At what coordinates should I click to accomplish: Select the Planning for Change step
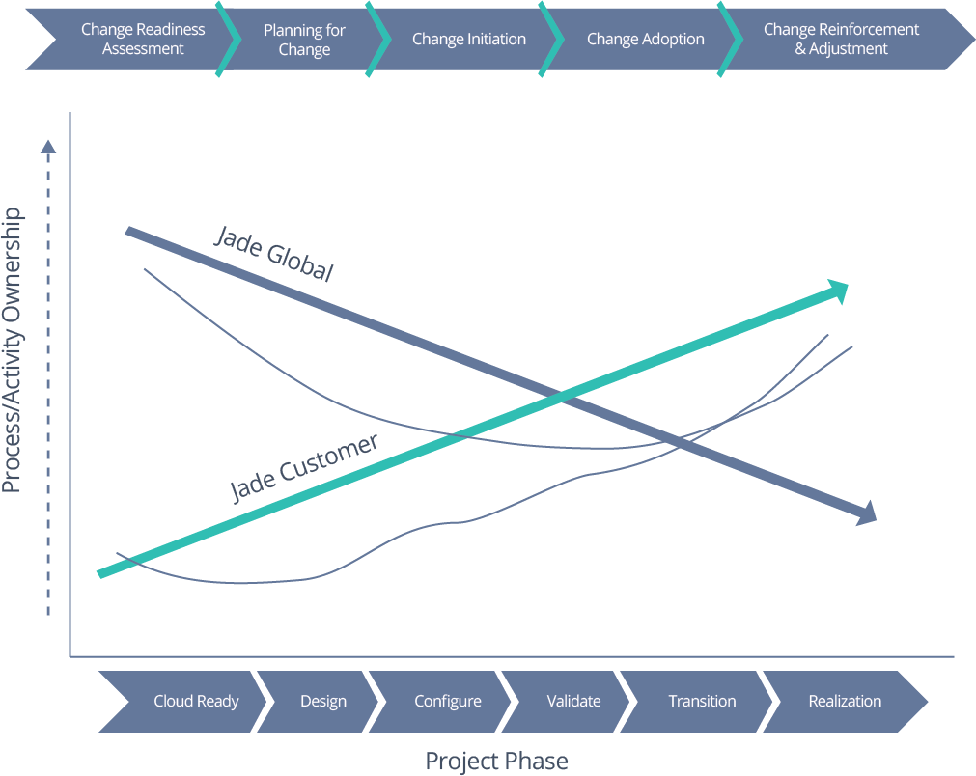(x=304, y=40)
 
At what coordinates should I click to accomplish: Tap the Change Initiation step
(x=468, y=40)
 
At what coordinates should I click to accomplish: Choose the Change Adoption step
(x=645, y=40)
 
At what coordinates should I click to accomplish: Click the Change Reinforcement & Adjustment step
(x=841, y=40)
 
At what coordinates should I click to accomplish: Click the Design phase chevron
(x=322, y=702)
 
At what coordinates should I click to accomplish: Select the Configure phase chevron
(x=447, y=702)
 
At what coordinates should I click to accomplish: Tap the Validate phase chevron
(x=573, y=702)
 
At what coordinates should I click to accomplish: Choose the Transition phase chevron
(x=702, y=702)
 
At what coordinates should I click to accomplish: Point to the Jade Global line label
(x=274, y=254)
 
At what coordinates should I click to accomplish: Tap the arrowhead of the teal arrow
(x=836, y=290)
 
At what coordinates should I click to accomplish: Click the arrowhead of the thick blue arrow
(x=865, y=513)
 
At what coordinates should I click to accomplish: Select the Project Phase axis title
(x=496, y=761)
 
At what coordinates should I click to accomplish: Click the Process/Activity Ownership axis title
(x=13, y=349)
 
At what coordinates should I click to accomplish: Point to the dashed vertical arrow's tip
(x=48, y=147)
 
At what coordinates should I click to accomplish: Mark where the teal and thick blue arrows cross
(x=563, y=396)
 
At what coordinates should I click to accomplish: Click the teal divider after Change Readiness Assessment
(x=228, y=40)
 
